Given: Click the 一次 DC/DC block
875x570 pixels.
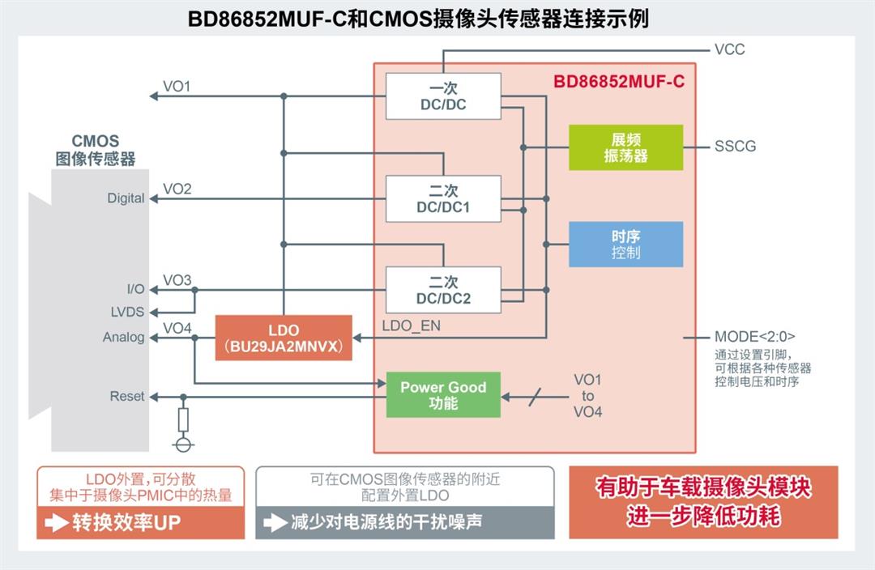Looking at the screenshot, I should tap(443, 96).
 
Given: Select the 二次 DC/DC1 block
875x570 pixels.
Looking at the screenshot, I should tap(443, 198).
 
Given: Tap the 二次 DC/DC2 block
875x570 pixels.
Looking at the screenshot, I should tap(443, 290).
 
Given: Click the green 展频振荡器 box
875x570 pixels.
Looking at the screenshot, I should tap(625, 147).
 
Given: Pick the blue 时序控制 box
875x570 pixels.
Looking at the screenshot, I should tap(625, 245).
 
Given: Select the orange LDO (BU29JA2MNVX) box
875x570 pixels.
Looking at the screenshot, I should tap(284, 338).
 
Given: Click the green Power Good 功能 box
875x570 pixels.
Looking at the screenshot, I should tap(443, 395).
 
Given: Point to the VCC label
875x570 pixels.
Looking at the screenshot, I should tap(729, 49).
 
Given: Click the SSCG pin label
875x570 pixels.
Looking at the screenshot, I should tap(735, 147).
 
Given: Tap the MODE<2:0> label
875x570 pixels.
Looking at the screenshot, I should tap(753, 337).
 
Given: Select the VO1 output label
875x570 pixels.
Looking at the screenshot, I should tap(177, 87).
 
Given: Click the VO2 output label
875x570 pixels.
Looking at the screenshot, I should tap(177, 189).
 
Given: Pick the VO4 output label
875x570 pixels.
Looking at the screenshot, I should tap(177, 328).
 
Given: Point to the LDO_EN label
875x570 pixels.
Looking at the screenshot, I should tap(412, 325).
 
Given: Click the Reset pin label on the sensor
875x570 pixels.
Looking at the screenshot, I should tap(127, 397).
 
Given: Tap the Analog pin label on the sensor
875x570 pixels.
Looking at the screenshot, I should tap(123, 338).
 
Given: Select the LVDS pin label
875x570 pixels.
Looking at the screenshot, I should tap(127, 311).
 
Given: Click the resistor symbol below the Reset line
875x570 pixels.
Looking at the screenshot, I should tap(184, 419).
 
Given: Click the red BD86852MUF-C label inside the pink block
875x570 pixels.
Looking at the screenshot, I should tap(619, 82).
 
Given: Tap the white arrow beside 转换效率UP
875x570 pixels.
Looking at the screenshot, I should tap(57, 523).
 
